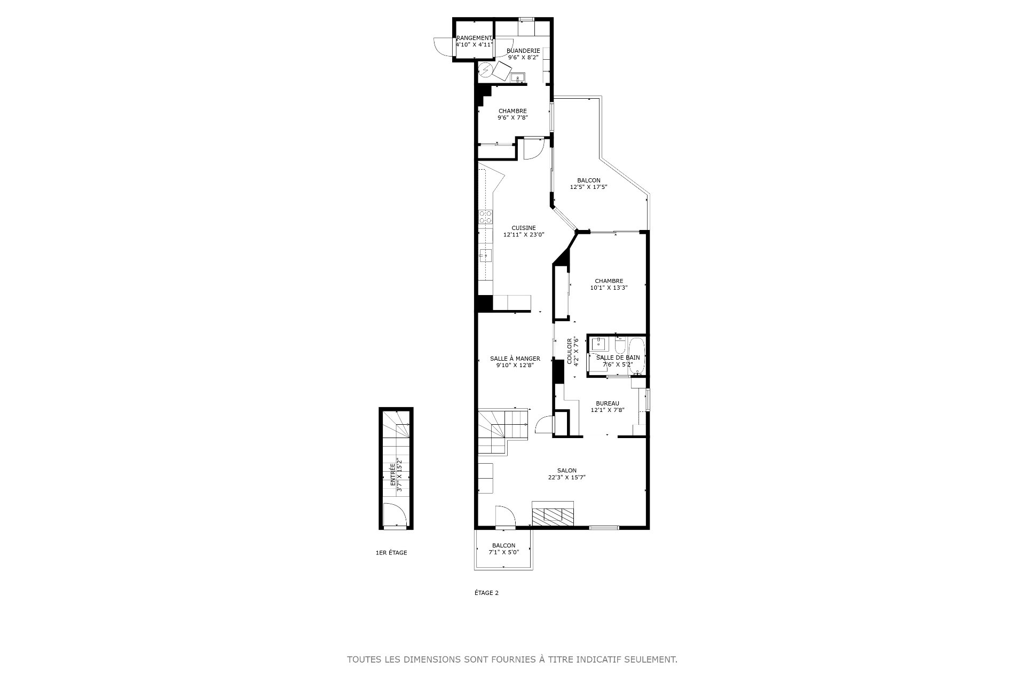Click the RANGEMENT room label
coord(474,38)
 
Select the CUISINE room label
coord(523,228)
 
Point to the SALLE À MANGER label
coord(515,359)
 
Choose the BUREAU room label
coord(608,403)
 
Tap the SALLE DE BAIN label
coord(618,358)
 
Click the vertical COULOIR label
coord(570,351)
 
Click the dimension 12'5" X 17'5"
coord(589,187)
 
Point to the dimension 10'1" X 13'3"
coord(609,287)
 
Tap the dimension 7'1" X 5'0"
coord(503,552)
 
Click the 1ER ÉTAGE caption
coord(391,553)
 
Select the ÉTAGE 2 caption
coord(486,592)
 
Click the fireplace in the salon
coord(553,514)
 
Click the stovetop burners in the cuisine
coord(112,217)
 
